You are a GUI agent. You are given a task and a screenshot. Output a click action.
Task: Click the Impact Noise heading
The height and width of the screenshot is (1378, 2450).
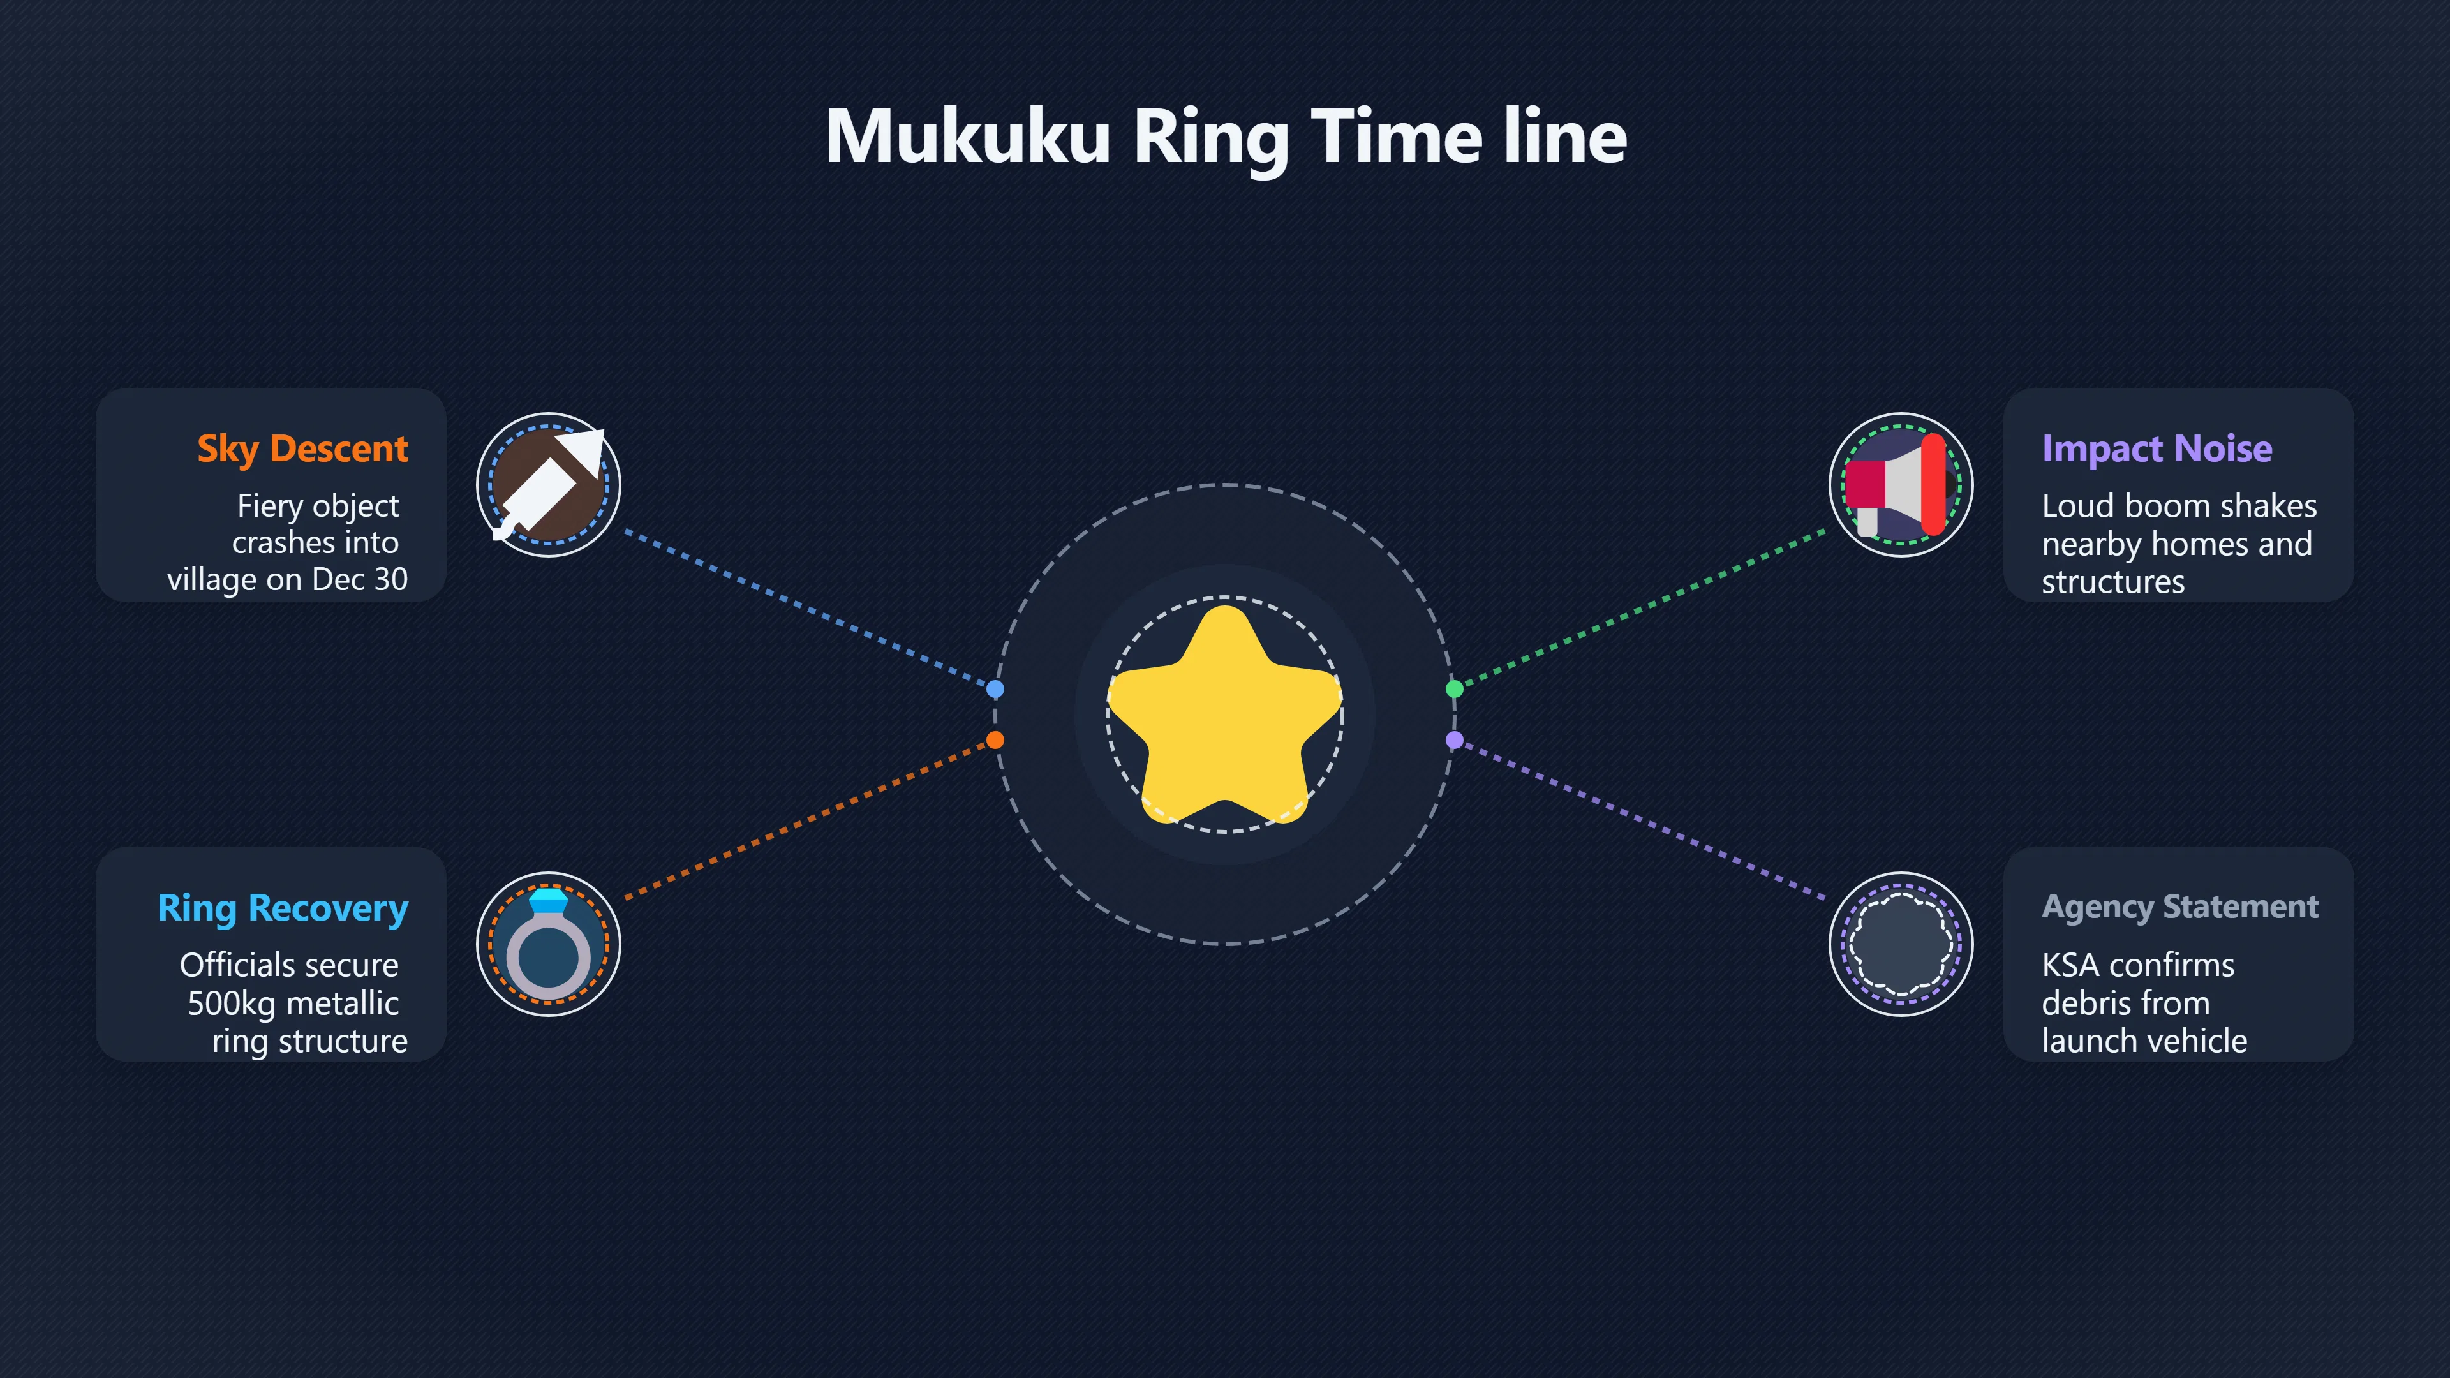click(x=2157, y=448)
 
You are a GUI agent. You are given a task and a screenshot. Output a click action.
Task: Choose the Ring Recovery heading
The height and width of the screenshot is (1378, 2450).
click(x=283, y=908)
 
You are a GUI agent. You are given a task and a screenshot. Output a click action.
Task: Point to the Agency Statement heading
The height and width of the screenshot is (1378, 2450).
click(x=2180, y=907)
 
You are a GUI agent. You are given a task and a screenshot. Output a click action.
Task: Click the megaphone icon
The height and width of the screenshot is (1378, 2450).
click(x=1900, y=485)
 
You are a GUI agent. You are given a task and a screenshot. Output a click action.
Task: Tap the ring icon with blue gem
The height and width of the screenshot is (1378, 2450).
click(x=549, y=944)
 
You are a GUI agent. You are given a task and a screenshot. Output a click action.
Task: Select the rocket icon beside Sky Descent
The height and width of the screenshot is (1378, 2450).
click(x=549, y=485)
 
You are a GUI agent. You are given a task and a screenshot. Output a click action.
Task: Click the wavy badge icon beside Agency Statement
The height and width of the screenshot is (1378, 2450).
click(x=1900, y=944)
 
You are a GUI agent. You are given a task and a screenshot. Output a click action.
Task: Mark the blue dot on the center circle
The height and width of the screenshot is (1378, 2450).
click(x=995, y=688)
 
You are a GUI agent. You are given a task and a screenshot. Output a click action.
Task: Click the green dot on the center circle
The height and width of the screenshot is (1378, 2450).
click(x=1454, y=688)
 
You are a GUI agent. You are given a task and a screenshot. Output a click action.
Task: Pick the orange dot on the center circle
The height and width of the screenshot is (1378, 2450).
click(x=995, y=740)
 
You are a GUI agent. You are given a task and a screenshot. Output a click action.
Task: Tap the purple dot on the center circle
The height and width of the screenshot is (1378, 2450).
click(x=1454, y=740)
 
